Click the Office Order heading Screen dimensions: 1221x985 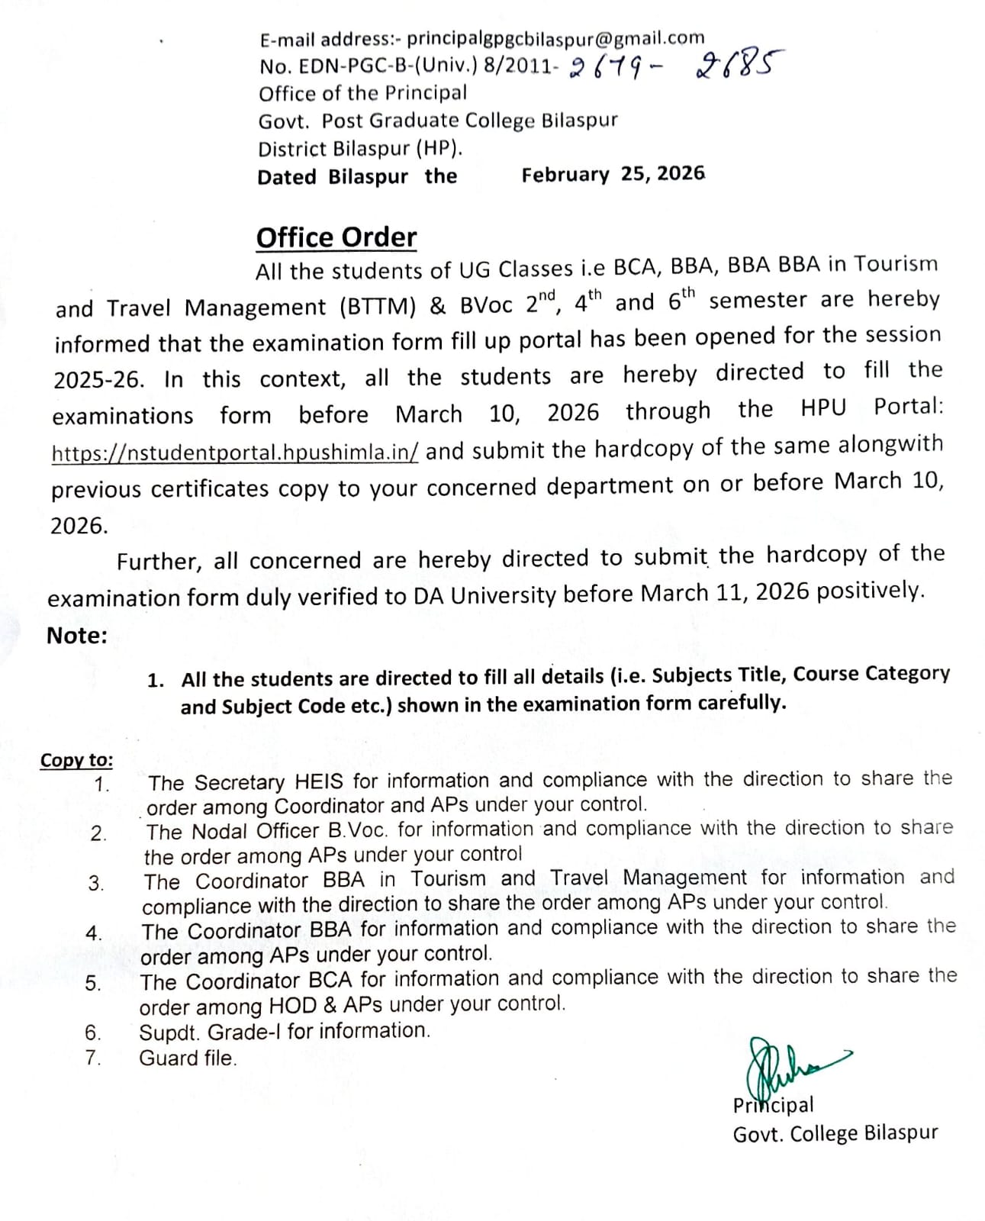coord(336,238)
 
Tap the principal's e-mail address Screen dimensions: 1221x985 coord(555,38)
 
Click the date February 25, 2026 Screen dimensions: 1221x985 coord(613,174)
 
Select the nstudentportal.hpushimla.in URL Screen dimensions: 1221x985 coord(235,453)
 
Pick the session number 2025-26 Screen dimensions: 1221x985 coord(98,380)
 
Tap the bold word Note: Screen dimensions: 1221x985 coord(77,636)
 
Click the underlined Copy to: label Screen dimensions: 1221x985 coord(76,760)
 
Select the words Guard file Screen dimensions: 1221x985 coord(188,1058)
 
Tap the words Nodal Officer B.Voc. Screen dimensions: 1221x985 coord(292,831)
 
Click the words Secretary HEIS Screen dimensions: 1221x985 coord(269,782)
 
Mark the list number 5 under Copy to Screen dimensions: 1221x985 coord(93,984)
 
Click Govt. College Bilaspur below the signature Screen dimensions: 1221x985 coord(835,1133)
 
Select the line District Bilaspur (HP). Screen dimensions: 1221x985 coord(359,148)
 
